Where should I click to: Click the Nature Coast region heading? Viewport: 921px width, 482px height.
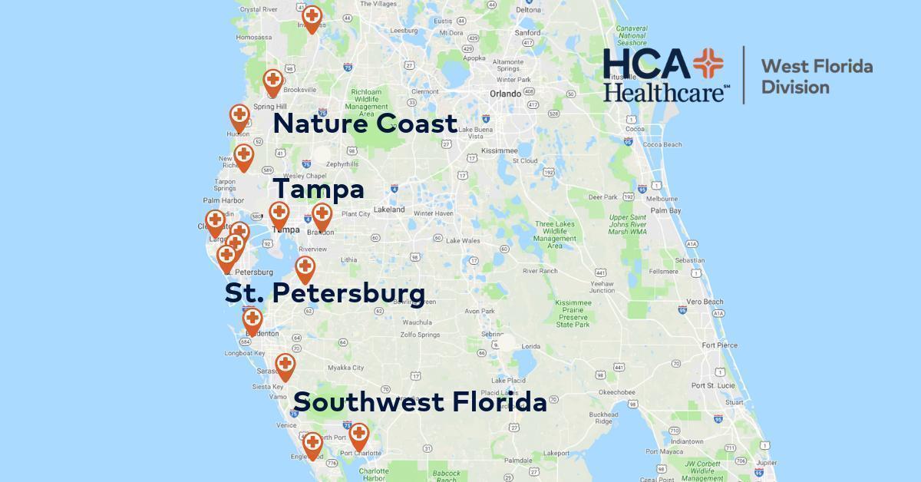tap(365, 124)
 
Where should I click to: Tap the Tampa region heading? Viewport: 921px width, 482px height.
tap(319, 189)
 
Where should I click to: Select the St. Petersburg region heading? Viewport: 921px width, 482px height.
tap(325, 292)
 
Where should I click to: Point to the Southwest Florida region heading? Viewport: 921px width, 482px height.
tap(420, 401)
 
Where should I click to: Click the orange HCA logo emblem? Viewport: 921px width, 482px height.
tap(708, 64)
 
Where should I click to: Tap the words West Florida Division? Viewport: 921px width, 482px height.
tap(816, 76)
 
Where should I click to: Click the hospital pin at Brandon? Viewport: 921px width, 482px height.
tap(322, 216)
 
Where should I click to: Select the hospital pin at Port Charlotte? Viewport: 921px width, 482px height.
tap(358, 434)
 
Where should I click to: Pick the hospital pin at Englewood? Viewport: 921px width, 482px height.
tap(312, 443)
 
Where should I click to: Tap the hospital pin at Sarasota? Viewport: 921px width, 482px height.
tap(285, 365)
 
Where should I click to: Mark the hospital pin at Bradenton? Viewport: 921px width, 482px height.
tap(252, 319)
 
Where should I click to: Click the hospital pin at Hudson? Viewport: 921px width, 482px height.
tap(239, 117)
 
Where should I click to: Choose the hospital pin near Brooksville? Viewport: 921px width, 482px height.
tap(272, 80)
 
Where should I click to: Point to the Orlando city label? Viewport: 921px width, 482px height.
tap(505, 94)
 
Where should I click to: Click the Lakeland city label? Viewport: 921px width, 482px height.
tap(389, 210)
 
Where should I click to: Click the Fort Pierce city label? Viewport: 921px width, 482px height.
tap(719, 345)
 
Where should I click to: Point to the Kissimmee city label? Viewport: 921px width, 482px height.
tap(500, 150)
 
